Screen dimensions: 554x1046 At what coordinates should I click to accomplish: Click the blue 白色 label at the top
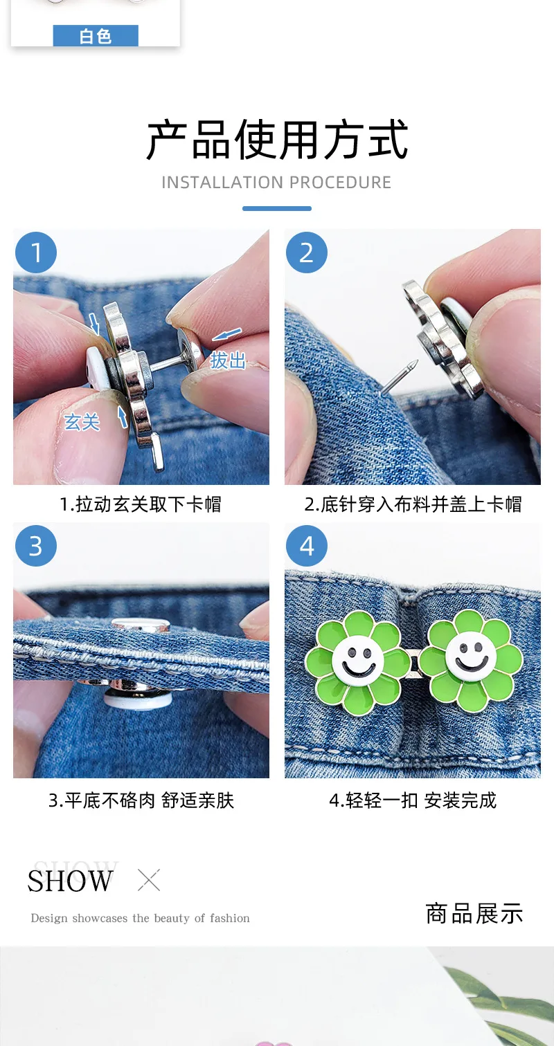pyautogui.click(x=96, y=35)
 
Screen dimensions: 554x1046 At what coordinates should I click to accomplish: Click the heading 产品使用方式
pyautogui.click(x=277, y=140)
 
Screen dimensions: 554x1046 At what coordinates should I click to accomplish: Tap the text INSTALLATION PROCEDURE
pyautogui.click(x=276, y=182)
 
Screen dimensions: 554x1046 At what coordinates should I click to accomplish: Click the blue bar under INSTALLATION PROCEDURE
pyautogui.click(x=277, y=208)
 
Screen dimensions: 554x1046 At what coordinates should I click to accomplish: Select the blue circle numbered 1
pyautogui.click(x=36, y=253)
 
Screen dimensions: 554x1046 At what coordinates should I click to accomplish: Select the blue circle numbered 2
pyautogui.click(x=307, y=253)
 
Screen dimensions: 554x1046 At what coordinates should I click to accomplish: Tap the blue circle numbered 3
pyautogui.click(x=36, y=546)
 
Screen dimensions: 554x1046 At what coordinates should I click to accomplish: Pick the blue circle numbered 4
pyautogui.click(x=307, y=546)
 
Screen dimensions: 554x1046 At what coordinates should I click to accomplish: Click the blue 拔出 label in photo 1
pyautogui.click(x=228, y=360)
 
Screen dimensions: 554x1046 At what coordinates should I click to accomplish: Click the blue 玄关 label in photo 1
pyautogui.click(x=82, y=422)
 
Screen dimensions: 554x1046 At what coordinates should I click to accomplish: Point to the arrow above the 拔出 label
pyautogui.click(x=226, y=334)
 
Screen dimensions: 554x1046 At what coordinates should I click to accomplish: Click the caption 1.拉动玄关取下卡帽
pyautogui.click(x=141, y=504)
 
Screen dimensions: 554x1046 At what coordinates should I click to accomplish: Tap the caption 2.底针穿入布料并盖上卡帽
pyautogui.click(x=413, y=504)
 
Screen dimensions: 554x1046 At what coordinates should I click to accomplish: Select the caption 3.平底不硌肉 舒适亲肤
pyautogui.click(x=141, y=800)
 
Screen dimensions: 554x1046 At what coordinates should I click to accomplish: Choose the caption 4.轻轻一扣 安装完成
pyautogui.click(x=413, y=800)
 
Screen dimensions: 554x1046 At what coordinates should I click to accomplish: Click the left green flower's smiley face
pyautogui.click(x=359, y=660)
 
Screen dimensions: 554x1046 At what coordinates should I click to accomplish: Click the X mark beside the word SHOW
pyautogui.click(x=149, y=880)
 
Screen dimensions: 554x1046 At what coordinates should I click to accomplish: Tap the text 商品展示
pyautogui.click(x=474, y=913)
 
